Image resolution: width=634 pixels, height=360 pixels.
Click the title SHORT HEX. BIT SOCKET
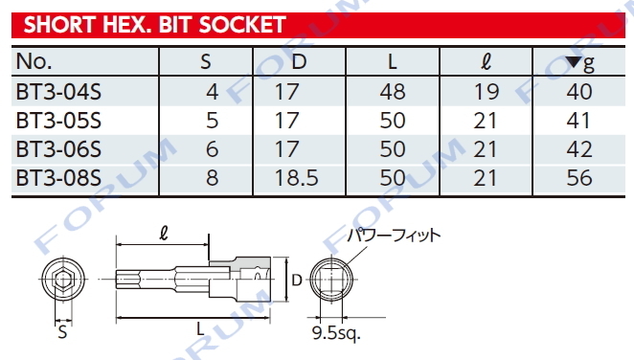155,25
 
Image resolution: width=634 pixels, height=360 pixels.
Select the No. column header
34,61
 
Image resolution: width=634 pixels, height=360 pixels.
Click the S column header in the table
205,62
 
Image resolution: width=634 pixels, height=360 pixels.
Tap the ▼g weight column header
579,62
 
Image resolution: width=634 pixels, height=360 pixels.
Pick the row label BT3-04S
58,92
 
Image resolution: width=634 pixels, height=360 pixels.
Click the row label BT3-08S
58,178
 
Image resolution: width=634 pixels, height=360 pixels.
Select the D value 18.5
296,178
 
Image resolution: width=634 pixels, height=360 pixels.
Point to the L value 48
393,92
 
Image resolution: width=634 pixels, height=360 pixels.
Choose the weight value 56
579,178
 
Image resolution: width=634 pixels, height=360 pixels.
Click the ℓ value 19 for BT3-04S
487,92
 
